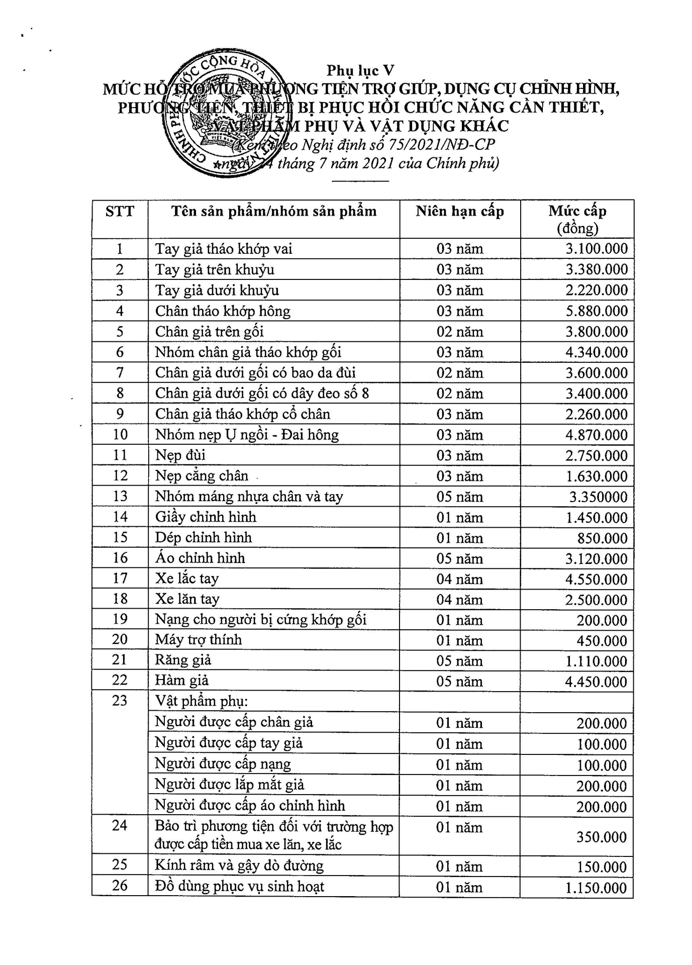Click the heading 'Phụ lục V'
point(360,71)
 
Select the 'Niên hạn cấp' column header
point(459,212)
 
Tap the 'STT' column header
point(120,212)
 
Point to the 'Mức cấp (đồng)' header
point(577,219)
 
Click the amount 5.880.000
point(597,311)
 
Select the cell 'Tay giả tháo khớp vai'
point(224,249)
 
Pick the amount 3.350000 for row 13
point(598,497)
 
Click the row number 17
point(120,578)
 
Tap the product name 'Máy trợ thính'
point(199,640)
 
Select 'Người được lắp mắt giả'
point(230,785)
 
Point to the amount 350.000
point(602,837)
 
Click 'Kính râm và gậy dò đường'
point(239,865)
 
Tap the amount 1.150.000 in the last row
point(596,888)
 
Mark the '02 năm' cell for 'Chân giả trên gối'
point(459,332)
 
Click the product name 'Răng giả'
point(183,660)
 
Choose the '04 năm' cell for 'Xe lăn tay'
point(459,600)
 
